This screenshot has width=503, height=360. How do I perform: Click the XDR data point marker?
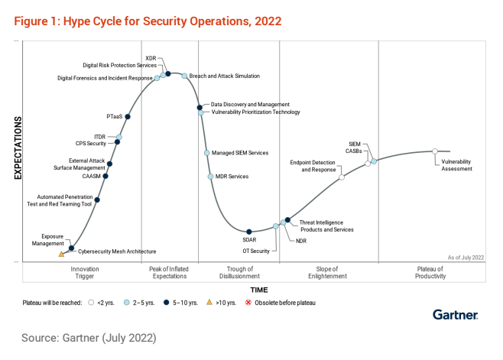(168, 74)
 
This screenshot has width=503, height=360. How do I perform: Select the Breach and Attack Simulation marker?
(184, 76)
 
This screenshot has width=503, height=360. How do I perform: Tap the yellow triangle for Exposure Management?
(61, 254)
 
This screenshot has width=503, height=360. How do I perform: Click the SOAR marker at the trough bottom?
(249, 231)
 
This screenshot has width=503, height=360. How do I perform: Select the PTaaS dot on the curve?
(128, 116)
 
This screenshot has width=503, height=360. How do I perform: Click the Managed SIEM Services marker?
(206, 153)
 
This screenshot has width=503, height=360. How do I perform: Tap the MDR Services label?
(233, 177)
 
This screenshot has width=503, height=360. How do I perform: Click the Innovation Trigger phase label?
(85, 273)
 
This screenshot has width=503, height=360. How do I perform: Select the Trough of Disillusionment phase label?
(239, 273)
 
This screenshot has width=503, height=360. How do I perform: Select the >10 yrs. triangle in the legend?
(209, 303)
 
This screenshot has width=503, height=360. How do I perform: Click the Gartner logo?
(455, 314)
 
